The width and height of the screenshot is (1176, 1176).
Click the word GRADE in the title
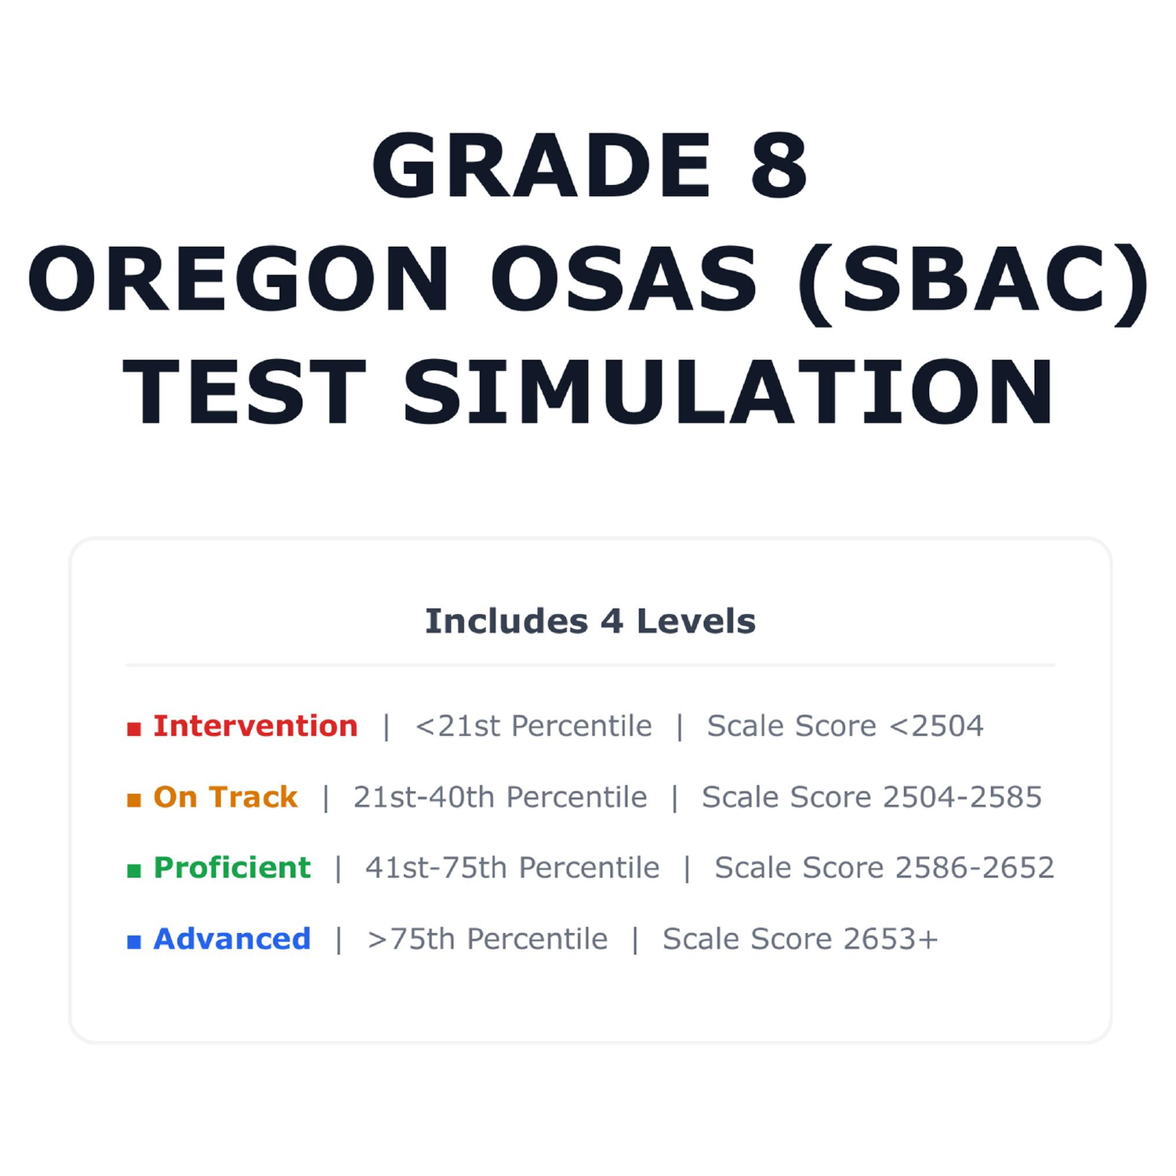(542, 165)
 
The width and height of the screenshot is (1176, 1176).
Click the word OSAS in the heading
(624, 279)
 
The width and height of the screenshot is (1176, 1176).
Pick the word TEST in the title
(245, 392)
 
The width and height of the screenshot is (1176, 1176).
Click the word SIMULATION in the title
(728, 392)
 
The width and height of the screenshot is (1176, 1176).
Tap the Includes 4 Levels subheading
(590, 621)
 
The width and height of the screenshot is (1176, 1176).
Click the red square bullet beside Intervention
(134, 729)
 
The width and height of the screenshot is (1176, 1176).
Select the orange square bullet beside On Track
(134, 800)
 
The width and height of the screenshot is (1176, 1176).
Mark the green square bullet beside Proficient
(134, 870)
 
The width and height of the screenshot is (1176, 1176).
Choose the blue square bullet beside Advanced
(134, 942)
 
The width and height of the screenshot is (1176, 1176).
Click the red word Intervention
(256, 726)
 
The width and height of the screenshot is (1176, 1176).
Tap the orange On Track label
(226, 797)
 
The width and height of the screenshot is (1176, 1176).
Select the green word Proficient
(232, 868)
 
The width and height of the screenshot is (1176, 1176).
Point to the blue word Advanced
(232, 938)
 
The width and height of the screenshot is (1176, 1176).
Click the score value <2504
(936, 726)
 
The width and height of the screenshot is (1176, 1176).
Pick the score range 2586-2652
(975, 868)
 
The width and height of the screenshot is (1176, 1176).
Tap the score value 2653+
(891, 938)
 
